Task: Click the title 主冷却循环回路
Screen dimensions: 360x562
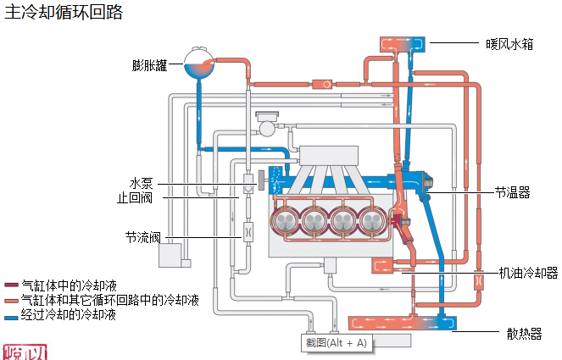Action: tap(64, 12)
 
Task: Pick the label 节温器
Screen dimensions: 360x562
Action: tap(512, 192)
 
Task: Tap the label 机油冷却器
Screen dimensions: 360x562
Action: tap(528, 273)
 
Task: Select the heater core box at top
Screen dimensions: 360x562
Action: tap(403, 42)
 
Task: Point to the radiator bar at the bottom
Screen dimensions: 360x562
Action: tap(403, 323)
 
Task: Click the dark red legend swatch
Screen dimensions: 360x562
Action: tap(11, 285)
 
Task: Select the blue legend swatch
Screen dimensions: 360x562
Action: tap(11, 316)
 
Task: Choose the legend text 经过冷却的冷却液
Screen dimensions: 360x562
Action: tap(68, 316)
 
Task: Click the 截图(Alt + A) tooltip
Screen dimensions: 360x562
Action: tap(337, 343)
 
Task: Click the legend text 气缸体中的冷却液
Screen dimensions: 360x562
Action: tap(68, 285)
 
